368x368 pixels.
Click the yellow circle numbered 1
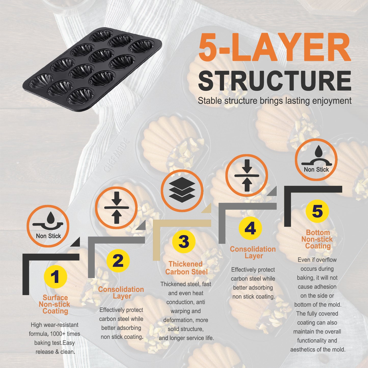pyautogui.click(x=55, y=277)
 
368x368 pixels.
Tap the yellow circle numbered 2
pyautogui.click(x=118, y=261)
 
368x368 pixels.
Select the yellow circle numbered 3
pyautogui.click(x=184, y=241)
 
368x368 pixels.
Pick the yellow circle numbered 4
pyautogui.click(x=250, y=228)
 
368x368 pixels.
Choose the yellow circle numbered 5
pyautogui.click(x=317, y=211)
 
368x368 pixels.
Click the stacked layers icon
pyautogui.click(x=182, y=190)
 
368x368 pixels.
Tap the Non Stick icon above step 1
pyautogui.click(x=48, y=226)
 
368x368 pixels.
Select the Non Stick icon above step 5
pyautogui.click(x=316, y=160)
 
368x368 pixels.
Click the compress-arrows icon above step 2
pyautogui.click(x=116, y=208)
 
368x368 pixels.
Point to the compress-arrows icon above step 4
pyautogui.click(x=247, y=175)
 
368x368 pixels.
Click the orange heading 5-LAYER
pyautogui.click(x=275, y=47)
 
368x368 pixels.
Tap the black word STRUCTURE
pyautogui.click(x=275, y=80)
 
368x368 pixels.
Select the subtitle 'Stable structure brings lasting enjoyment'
pyautogui.click(x=275, y=101)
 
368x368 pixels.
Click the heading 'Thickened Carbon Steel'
pyautogui.click(x=186, y=268)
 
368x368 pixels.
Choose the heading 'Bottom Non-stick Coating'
pyautogui.click(x=317, y=239)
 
